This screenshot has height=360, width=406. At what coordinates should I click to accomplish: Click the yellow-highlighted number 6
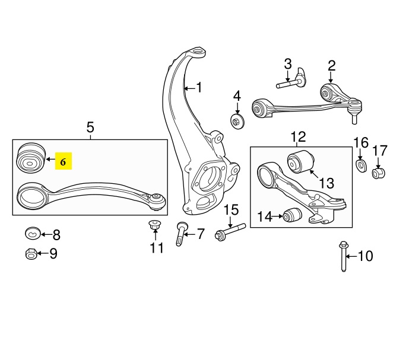[63, 162]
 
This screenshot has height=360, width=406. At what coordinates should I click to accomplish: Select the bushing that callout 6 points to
[31, 157]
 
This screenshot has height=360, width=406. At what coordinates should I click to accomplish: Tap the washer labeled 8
[33, 234]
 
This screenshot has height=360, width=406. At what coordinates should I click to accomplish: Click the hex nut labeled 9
[31, 254]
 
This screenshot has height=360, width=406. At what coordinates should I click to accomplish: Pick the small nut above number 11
[155, 224]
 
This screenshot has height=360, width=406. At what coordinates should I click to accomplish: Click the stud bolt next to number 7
[180, 234]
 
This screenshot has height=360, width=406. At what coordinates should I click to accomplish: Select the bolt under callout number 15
[230, 232]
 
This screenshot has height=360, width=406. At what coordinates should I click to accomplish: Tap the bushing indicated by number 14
[292, 215]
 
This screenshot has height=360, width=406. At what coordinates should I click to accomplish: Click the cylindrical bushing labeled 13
[300, 161]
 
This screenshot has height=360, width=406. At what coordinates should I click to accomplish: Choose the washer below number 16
[361, 166]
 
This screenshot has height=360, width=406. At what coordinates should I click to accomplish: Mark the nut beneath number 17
[379, 173]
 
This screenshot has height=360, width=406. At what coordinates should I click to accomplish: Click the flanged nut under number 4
[237, 121]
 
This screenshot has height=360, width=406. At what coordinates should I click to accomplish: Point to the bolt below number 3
[291, 80]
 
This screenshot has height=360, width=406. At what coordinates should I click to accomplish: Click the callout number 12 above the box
[299, 137]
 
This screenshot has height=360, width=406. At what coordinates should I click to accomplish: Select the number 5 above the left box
[90, 128]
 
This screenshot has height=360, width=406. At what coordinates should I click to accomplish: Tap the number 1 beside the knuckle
[199, 87]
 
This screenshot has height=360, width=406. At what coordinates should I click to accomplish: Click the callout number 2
[331, 66]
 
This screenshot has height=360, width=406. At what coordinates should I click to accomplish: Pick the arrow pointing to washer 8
[46, 234]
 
